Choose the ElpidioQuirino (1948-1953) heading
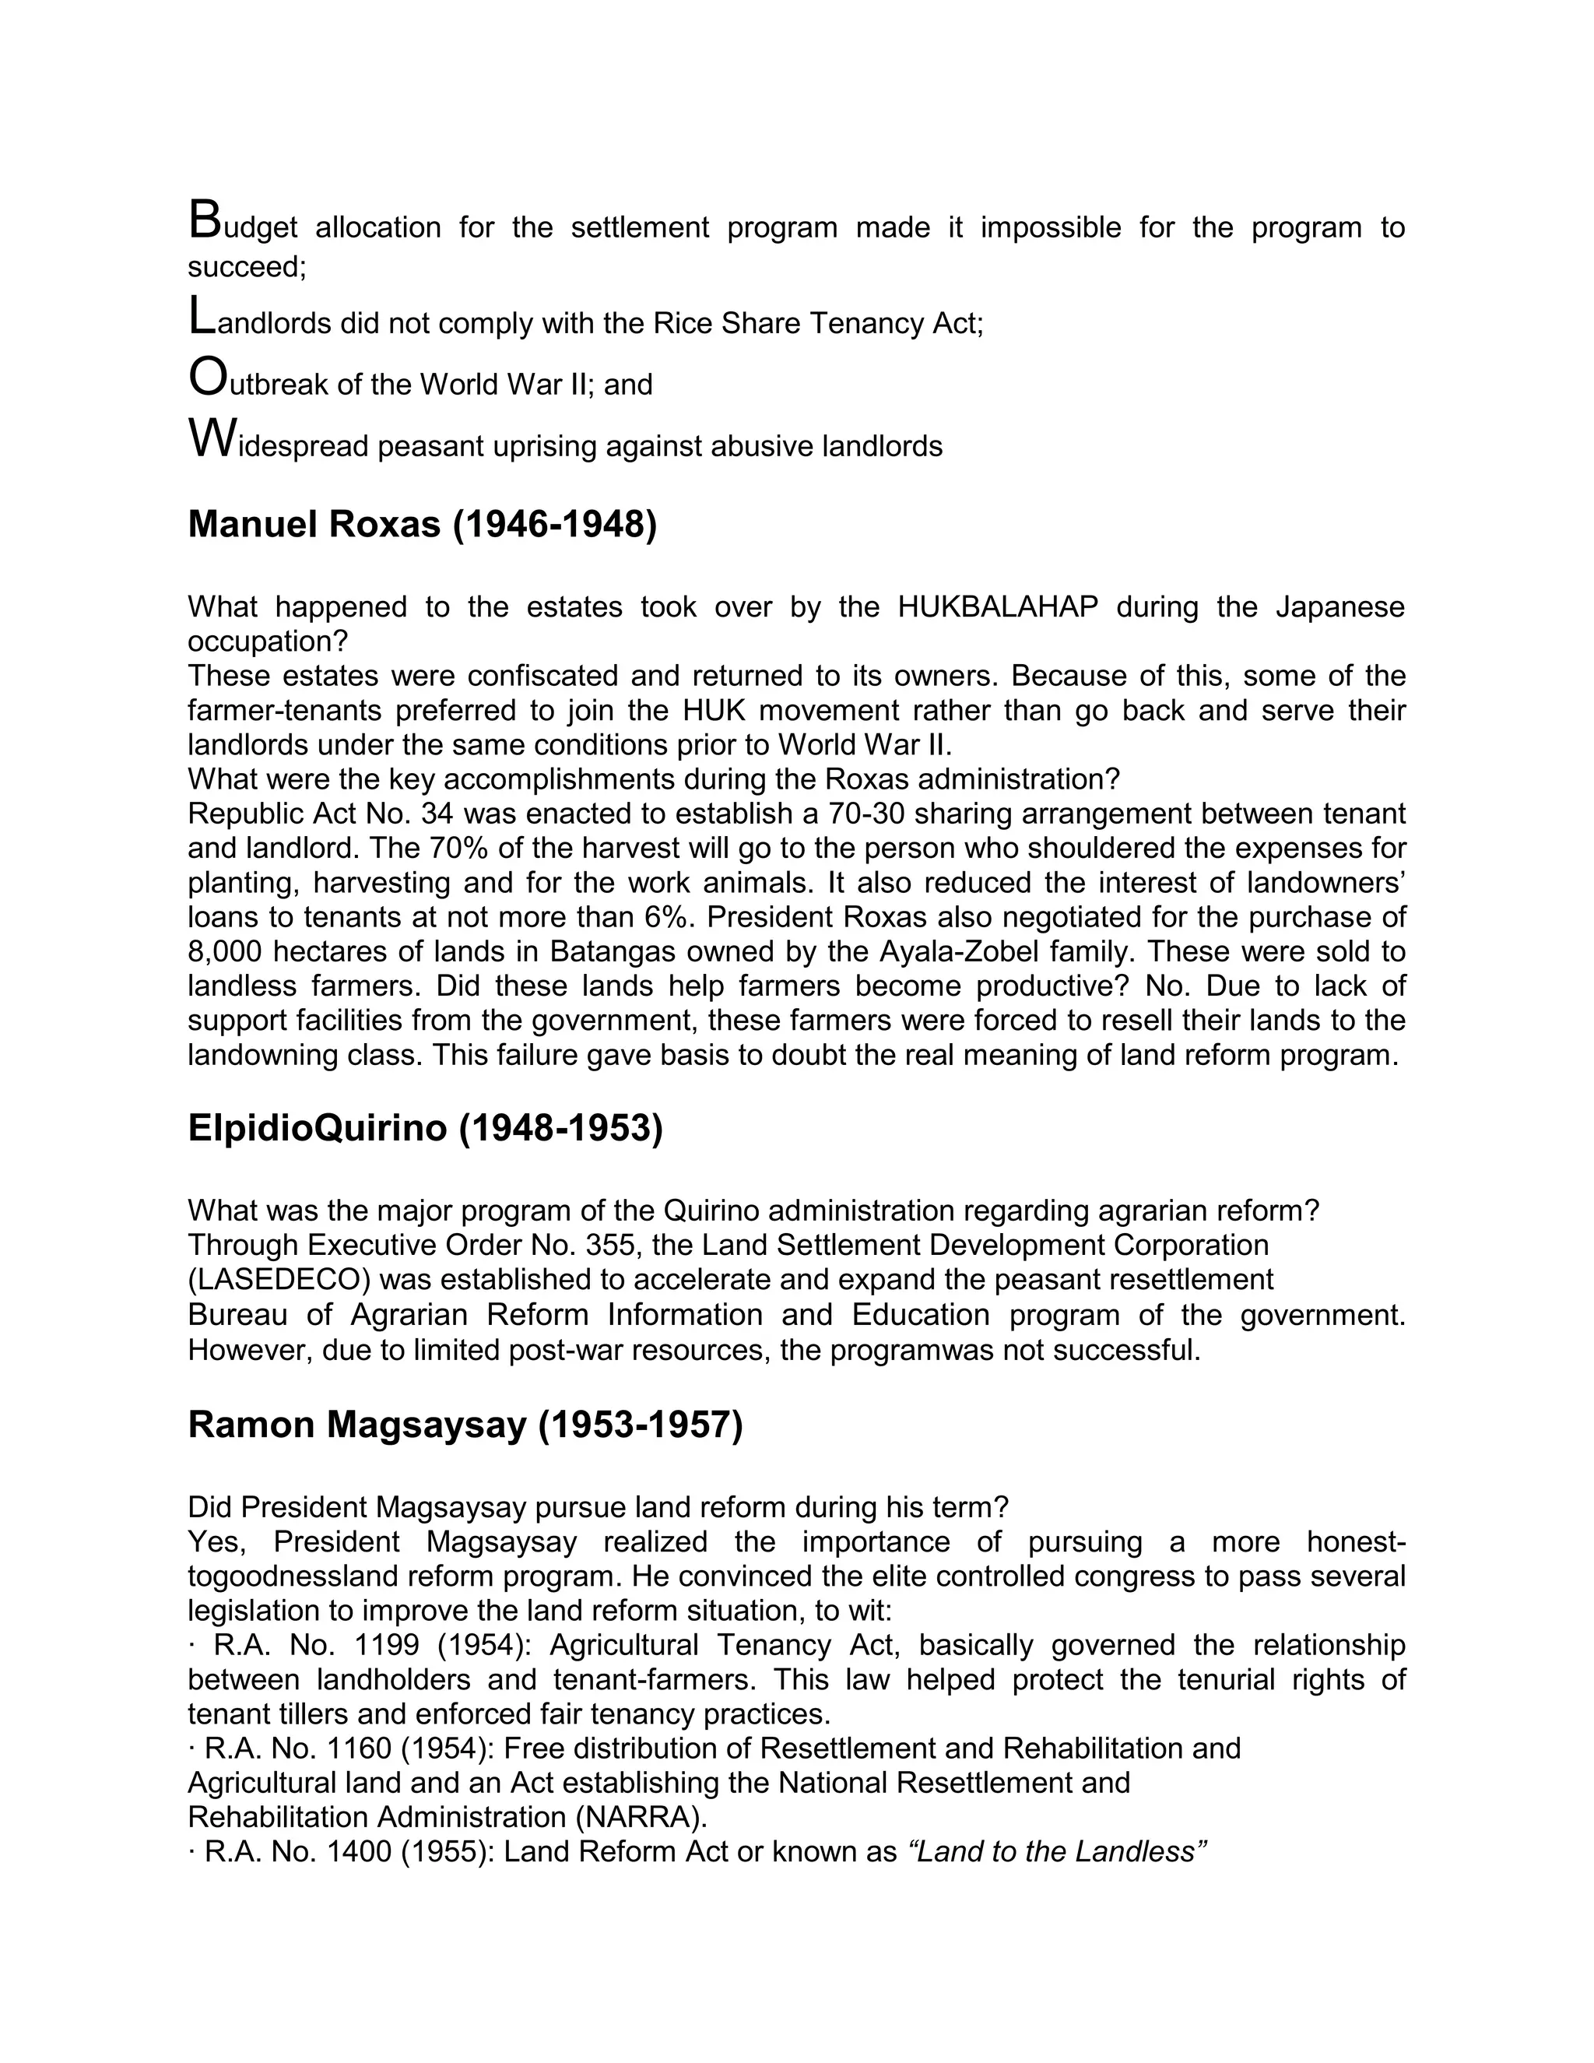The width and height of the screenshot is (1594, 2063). point(425,1128)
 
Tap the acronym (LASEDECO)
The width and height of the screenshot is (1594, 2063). point(279,1280)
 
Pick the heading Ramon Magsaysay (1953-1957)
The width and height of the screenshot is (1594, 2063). point(465,1425)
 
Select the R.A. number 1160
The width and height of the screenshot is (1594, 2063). point(358,1748)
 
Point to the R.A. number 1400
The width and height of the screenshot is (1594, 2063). point(358,1851)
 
